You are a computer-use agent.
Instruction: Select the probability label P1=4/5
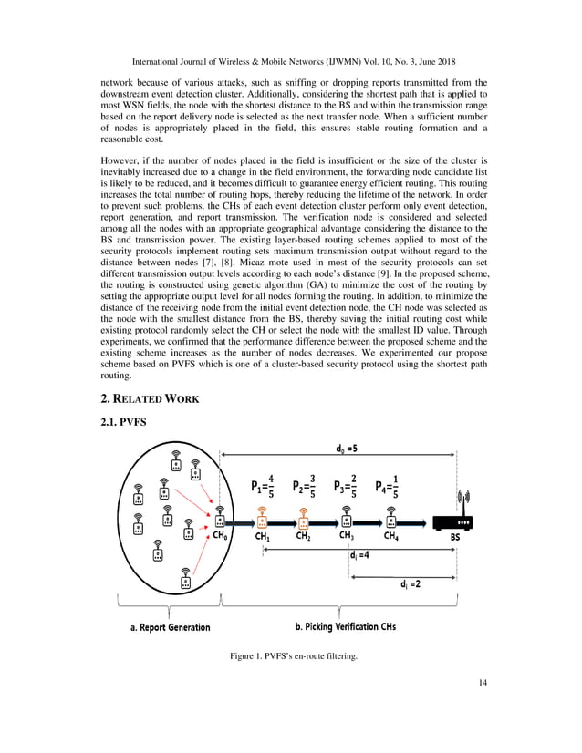click(x=261, y=486)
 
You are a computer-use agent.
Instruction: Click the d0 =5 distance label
click(x=345, y=449)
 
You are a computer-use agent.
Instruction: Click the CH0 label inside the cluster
click(x=223, y=538)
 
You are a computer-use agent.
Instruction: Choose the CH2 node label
click(x=303, y=538)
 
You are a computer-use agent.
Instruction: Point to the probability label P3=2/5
click(x=344, y=486)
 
